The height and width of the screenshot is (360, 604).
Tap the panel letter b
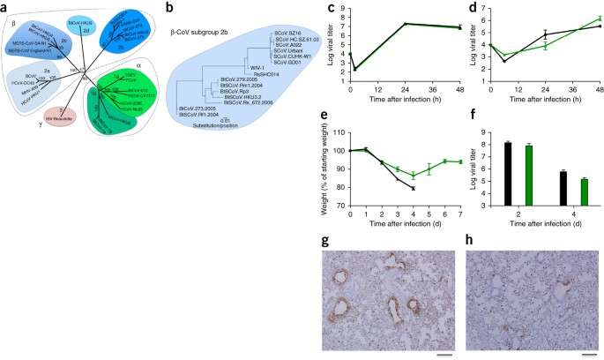[x=162, y=6]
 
